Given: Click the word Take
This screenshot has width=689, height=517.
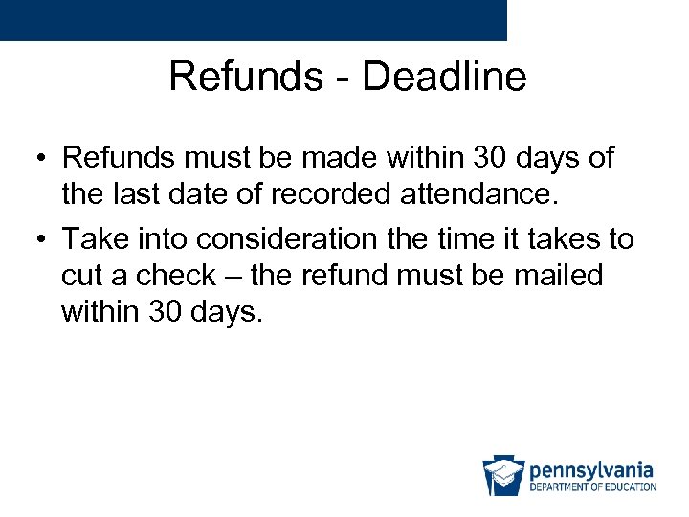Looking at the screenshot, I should (98, 238).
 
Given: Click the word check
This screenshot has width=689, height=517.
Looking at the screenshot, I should (175, 276).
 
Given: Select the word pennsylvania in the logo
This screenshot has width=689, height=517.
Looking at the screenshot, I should (591, 470).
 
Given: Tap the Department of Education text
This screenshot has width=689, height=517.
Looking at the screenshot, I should (592, 488).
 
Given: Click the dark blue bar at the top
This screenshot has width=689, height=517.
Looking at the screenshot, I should (253, 20).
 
